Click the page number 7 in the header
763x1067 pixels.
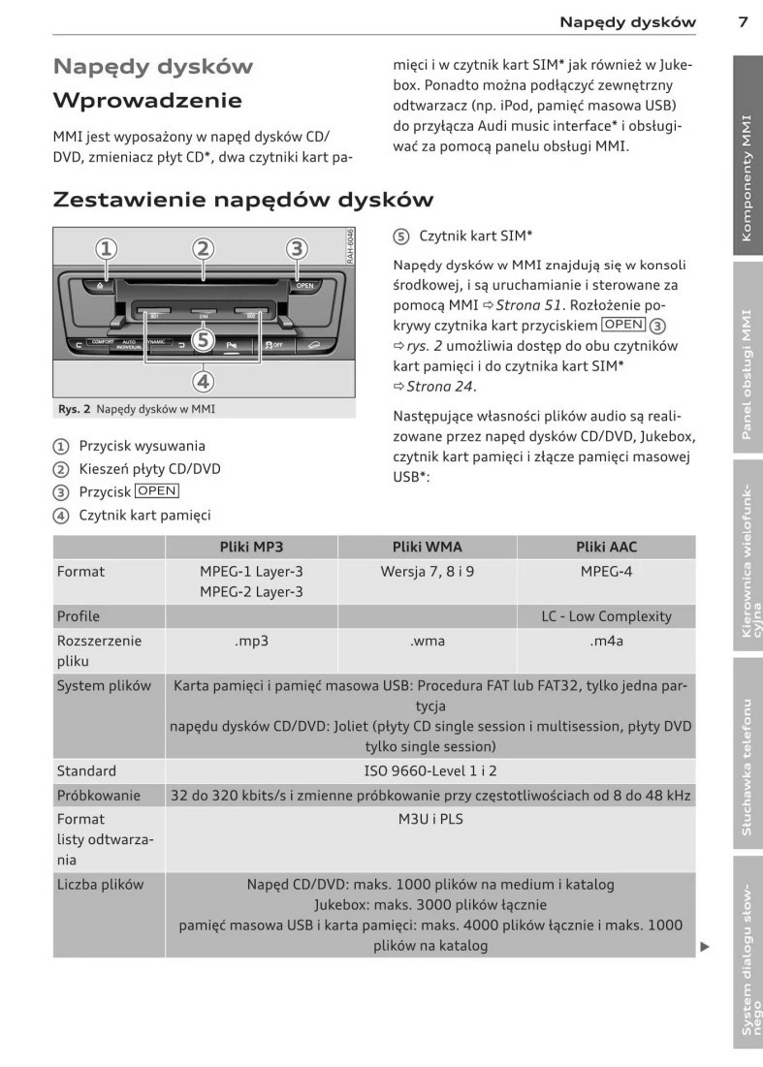tap(742, 21)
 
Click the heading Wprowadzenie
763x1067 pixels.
tap(147, 101)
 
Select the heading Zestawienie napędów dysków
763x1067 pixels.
tap(242, 200)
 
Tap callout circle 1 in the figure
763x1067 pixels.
tap(106, 249)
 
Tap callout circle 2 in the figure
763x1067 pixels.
tap(202, 249)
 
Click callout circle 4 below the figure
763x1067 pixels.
tap(202, 380)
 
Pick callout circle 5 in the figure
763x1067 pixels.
tap(202, 340)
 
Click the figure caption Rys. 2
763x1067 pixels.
tap(135, 409)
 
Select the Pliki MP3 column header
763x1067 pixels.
tap(251, 547)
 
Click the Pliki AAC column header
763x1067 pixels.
tap(606, 547)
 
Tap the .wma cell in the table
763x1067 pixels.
tap(428, 641)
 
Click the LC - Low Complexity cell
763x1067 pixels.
tap(606, 615)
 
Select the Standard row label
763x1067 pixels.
tap(86, 770)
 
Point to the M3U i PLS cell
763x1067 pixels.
tap(428, 820)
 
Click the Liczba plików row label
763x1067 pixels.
tap(100, 884)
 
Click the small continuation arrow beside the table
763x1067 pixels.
tap(705, 947)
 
